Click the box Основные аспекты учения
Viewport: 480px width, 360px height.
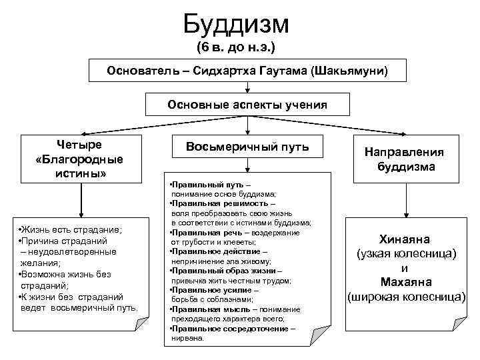click(247, 105)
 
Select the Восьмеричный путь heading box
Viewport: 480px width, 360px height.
click(247, 147)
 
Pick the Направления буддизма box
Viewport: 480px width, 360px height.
click(403, 160)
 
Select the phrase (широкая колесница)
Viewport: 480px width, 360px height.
click(407, 295)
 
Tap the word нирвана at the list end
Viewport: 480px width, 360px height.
click(188, 338)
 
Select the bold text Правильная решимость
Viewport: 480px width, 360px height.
click(212, 203)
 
